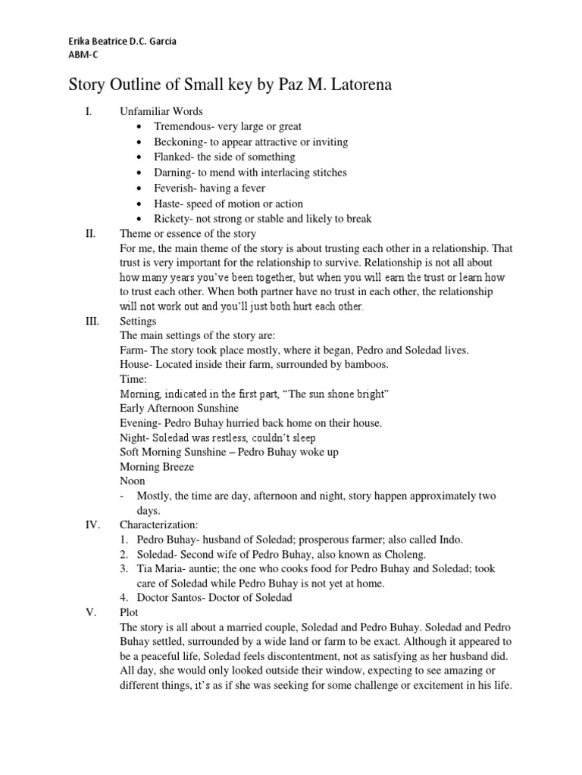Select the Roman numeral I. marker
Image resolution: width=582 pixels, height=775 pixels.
tap(88, 111)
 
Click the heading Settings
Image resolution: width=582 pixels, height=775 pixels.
tap(138, 321)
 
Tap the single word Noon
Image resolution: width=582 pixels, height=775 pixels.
tap(133, 481)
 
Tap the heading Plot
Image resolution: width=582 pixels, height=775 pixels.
tap(130, 612)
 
